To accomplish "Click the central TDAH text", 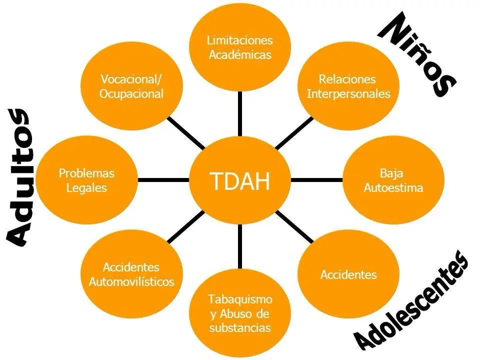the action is [239, 181].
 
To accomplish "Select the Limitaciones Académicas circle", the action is [239, 48].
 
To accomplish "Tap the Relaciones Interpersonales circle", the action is [348, 86].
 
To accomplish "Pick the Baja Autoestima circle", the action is [393, 180].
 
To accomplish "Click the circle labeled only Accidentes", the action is [348, 274].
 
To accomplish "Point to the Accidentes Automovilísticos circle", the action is [131, 274].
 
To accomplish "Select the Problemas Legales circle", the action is [86, 180].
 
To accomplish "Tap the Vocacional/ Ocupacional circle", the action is [131, 86].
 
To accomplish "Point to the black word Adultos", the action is [18, 177].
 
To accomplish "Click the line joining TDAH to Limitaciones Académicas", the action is [239, 114].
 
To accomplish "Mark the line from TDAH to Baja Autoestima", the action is [316, 180].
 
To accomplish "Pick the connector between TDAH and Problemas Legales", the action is [163, 180].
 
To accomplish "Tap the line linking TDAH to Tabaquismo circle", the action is [239, 246].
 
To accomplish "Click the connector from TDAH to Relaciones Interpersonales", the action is [294, 132].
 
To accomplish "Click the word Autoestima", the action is [393, 187].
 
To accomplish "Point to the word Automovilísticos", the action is [131, 281].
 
